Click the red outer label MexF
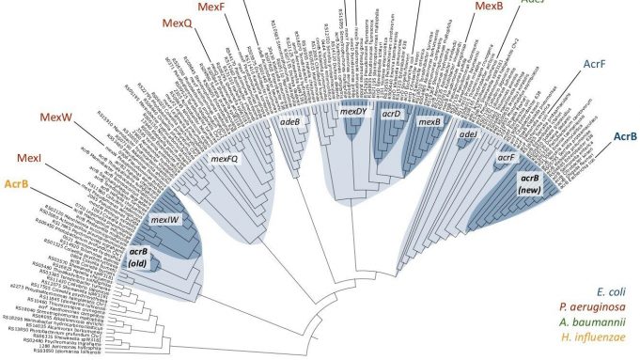[213, 8]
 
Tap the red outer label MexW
[56, 117]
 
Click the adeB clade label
[290, 122]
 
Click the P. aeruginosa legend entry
[585, 307]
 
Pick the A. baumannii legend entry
[586, 323]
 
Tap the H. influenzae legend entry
[585, 339]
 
